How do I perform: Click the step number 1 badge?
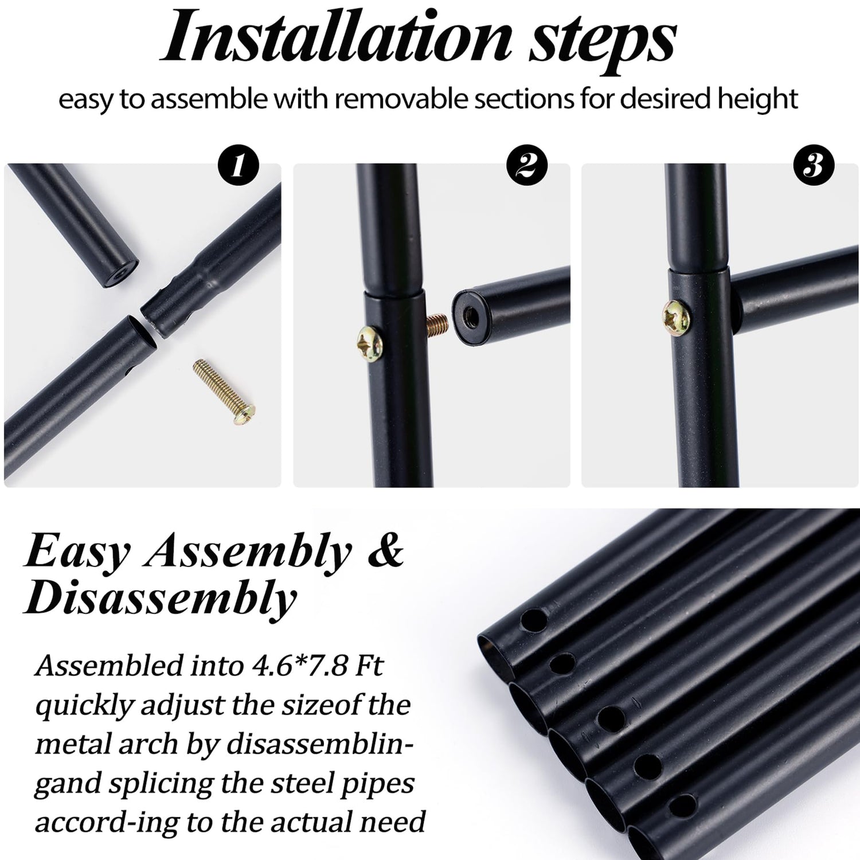click(x=239, y=166)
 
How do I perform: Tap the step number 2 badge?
click(x=527, y=166)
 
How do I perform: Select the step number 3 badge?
click(x=814, y=166)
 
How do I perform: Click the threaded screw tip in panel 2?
click(x=436, y=324)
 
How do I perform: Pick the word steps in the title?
click(x=603, y=40)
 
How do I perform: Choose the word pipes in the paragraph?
click(x=374, y=784)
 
